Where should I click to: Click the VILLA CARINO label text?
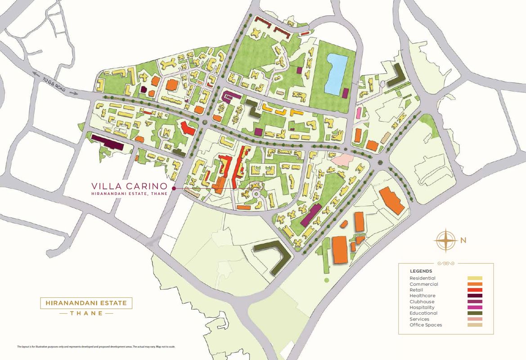130,186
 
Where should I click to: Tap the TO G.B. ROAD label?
54,84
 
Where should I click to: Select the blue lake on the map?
335,73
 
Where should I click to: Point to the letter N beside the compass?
463,240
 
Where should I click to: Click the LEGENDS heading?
421,271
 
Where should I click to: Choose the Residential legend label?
422,278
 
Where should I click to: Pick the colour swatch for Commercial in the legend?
475,284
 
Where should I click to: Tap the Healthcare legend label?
423,296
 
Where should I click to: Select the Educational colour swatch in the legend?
475,313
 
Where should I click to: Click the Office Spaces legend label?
426,325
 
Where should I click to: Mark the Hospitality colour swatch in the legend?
475,307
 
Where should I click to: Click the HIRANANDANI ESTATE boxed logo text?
86,303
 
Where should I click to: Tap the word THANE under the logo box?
86,313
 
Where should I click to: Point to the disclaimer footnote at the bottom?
96,346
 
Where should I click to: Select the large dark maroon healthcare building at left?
108,142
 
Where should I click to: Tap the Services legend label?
419,319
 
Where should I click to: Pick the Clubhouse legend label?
422,301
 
